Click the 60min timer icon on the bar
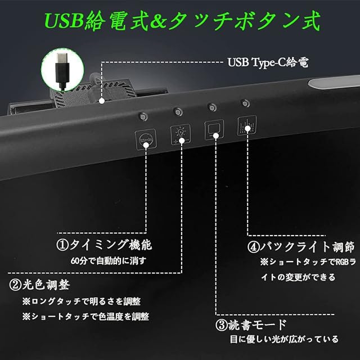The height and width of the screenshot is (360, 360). (145, 137)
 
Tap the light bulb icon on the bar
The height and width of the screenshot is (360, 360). (179, 134)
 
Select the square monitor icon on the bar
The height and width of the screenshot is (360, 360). (214, 130)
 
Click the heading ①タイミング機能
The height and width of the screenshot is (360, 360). (104, 245)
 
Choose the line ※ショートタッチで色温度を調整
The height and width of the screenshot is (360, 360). (85, 316)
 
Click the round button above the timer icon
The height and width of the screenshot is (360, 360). (143, 116)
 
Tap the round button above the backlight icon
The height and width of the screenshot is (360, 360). (245, 103)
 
